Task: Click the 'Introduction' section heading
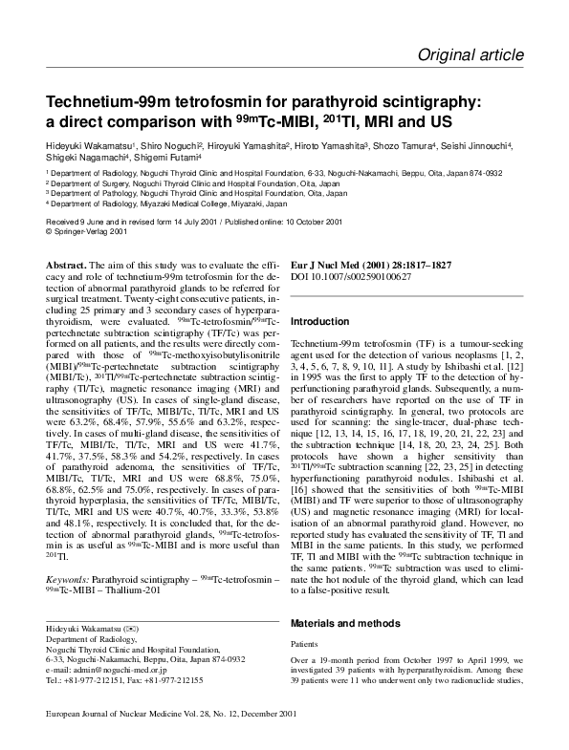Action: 319,322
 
